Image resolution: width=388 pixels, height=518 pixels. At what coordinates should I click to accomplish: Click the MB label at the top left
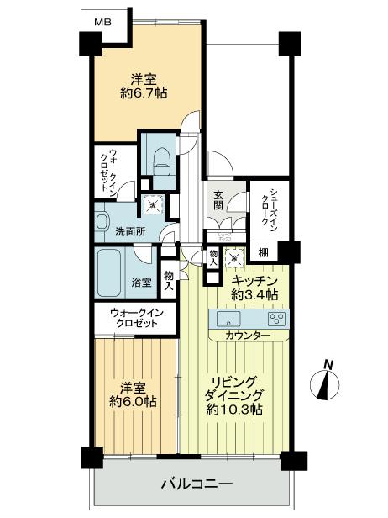coord(102,22)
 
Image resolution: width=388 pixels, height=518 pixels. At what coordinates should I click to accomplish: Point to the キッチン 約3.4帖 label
coord(260,288)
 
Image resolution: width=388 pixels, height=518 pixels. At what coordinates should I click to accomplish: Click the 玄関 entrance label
coord(218,200)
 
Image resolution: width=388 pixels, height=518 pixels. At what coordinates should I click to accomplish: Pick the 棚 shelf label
coord(264,253)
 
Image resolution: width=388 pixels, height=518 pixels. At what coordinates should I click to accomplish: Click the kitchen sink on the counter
coord(228,320)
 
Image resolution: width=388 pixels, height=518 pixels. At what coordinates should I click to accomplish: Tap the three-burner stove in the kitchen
coord(276,319)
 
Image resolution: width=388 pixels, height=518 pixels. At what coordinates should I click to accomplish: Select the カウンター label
coord(248,336)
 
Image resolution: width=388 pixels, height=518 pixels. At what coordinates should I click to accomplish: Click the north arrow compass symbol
coord(328,382)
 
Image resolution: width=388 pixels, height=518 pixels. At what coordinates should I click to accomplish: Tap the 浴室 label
coord(141,283)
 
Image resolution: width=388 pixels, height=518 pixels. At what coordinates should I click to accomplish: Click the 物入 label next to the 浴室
coord(169,280)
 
